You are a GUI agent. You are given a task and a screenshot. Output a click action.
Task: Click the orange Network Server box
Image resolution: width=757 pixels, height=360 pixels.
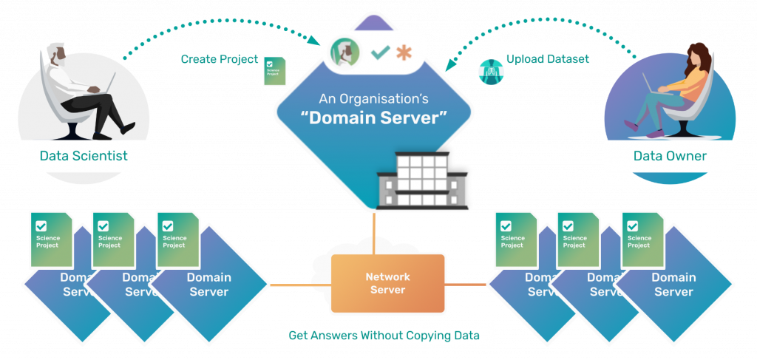[387, 283]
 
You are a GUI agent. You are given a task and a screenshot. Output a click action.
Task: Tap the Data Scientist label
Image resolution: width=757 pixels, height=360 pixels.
[84, 156]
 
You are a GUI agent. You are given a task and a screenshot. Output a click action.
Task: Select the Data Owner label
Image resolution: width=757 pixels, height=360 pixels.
[670, 156]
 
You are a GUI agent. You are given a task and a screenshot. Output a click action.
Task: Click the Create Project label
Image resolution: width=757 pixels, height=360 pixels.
[209, 59]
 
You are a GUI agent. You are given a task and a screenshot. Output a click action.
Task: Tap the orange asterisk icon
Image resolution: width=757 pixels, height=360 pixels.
[403, 53]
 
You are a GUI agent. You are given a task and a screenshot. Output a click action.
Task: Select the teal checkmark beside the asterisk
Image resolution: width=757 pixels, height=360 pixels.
[380, 53]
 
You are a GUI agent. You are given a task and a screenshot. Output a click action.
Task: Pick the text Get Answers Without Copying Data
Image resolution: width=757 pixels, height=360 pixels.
[384, 336]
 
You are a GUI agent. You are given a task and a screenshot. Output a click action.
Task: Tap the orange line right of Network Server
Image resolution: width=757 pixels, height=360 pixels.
[466, 284]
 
